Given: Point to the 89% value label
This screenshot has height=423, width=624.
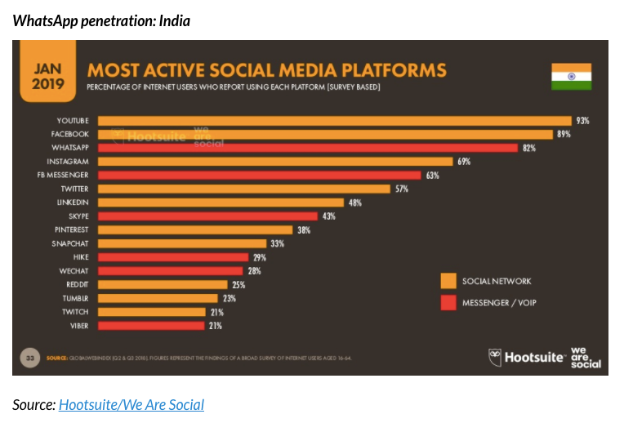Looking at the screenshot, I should point(564,134).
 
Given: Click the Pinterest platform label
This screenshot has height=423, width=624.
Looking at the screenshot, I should point(72,229).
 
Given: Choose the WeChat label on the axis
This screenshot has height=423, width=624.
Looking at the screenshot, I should point(74,270).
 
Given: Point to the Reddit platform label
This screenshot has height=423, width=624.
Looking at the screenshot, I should point(78,284).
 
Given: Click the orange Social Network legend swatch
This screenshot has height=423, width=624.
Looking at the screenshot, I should point(448,281).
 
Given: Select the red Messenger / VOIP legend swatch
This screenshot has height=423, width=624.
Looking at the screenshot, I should point(448,303).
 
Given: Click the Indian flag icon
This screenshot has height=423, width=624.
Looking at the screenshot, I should point(570,76).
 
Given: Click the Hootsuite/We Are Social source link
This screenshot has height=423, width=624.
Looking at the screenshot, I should point(131,404).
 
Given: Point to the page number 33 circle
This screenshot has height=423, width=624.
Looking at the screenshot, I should point(30,357).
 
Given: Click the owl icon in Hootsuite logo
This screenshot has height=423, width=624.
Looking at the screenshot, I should point(495,357).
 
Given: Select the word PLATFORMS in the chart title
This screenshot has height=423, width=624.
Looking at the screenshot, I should point(380,69).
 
